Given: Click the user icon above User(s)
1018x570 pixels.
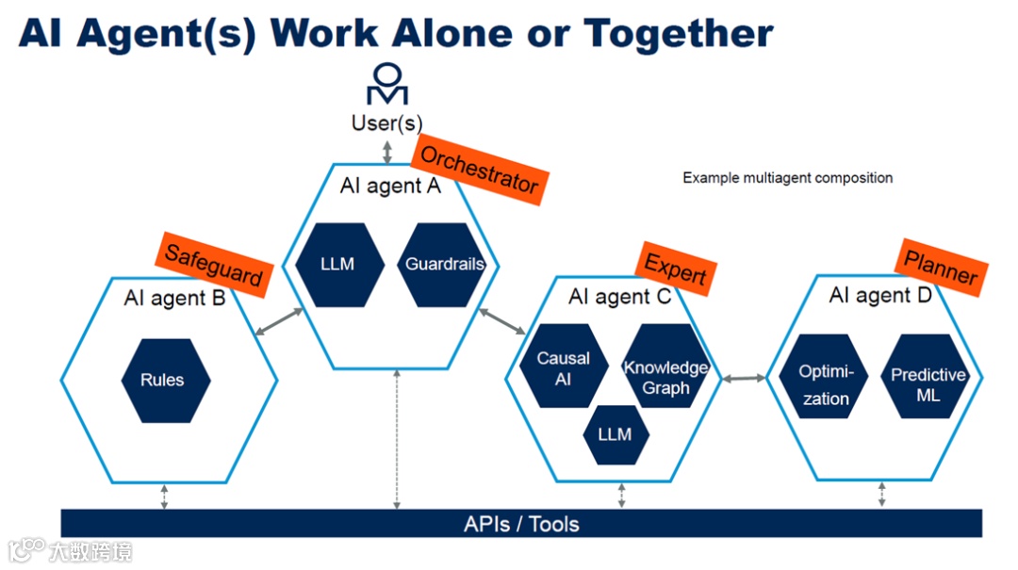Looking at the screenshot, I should pos(387,84).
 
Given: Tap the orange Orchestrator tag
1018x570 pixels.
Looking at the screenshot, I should pos(478,170).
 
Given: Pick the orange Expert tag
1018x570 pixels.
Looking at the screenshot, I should pos(675,269).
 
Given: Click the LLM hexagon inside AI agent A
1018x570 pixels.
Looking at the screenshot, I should pos(338,265).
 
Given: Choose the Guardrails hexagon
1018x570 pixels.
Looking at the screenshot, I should pos(444,265).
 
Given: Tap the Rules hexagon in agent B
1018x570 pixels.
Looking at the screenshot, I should pos(164,381).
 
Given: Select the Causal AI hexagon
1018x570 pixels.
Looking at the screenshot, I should pos(564,368).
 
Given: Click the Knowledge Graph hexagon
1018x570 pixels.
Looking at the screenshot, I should pos(665,377).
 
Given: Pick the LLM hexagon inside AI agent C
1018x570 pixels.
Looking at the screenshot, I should pos(615,434).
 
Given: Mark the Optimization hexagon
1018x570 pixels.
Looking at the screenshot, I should pos(825,384).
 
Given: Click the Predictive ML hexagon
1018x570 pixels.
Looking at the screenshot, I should pos(928,384).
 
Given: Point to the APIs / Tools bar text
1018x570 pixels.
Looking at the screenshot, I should pos(521,524).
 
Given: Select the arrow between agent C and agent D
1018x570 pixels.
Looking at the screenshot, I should pos(744,379).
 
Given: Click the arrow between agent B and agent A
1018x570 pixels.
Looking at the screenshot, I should pos(279,321).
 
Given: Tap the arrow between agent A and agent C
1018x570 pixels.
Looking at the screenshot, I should pos(502,322).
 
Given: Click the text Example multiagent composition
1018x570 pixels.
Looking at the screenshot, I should pos(787,177).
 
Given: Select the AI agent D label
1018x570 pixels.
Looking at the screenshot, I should pos(879,296).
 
